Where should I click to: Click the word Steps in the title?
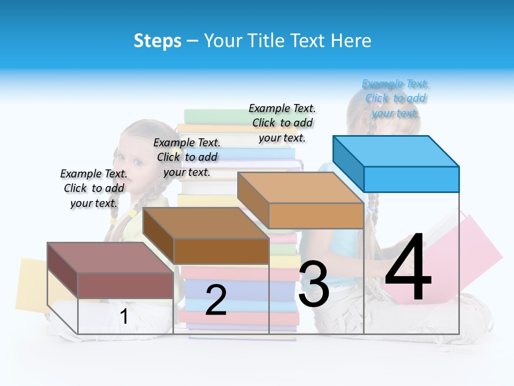157,41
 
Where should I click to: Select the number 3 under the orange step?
314,284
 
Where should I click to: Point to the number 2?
216,300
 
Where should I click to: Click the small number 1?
124,316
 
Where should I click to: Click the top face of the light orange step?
300,188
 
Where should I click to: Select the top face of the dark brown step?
206,223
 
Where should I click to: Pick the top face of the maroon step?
110,258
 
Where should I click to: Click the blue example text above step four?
396,99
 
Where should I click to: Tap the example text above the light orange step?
282,123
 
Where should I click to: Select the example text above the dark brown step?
187,157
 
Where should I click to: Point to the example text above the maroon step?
94,188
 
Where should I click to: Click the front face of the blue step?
411,179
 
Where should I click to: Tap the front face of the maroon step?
125,285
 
